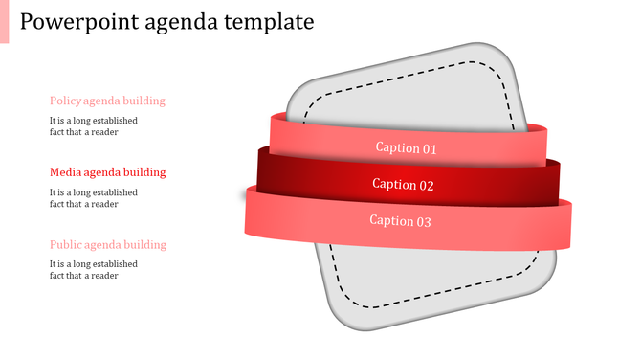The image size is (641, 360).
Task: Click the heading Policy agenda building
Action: pos(107,101)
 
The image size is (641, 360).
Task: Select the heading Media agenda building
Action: pos(107,172)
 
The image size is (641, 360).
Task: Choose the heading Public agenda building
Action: pos(107,244)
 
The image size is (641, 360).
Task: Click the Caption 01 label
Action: pos(406,148)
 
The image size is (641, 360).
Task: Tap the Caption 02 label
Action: pos(403,185)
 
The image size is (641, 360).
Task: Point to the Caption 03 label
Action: pos(401,221)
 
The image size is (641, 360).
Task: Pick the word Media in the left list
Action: pos(65,172)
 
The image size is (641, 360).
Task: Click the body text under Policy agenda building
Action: pos(93,126)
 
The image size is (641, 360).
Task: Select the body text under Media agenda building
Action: pos(93,198)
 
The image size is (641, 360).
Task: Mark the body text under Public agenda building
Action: pos(93,270)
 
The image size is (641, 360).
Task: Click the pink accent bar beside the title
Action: pos(4,21)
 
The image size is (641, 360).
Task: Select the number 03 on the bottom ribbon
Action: pos(422,221)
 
